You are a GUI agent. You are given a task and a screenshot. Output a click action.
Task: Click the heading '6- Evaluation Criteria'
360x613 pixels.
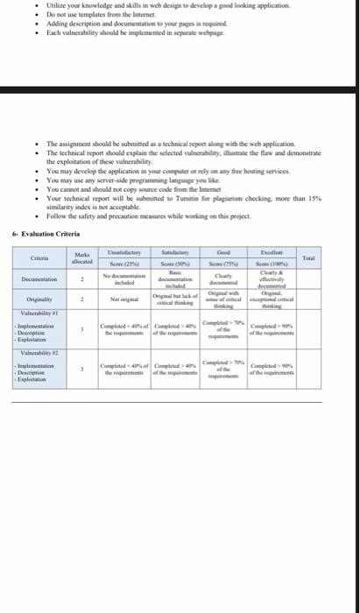pos(46,234)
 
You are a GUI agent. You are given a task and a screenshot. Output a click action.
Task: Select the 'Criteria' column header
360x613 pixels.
pos(39,258)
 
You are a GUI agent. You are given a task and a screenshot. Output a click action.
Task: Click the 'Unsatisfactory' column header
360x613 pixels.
pos(123,252)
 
